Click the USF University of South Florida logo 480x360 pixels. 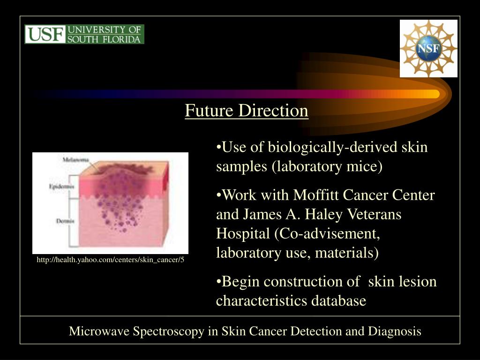(x=84, y=34)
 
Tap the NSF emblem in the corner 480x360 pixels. (x=428, y=48)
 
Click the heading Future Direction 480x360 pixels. (x=247, y=111)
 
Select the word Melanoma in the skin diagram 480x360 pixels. (x=76, y=160)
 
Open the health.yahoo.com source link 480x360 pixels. (x=111, y=260)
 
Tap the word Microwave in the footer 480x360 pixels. (x=99, y=331)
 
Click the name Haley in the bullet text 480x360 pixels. (x=324, y=214)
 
